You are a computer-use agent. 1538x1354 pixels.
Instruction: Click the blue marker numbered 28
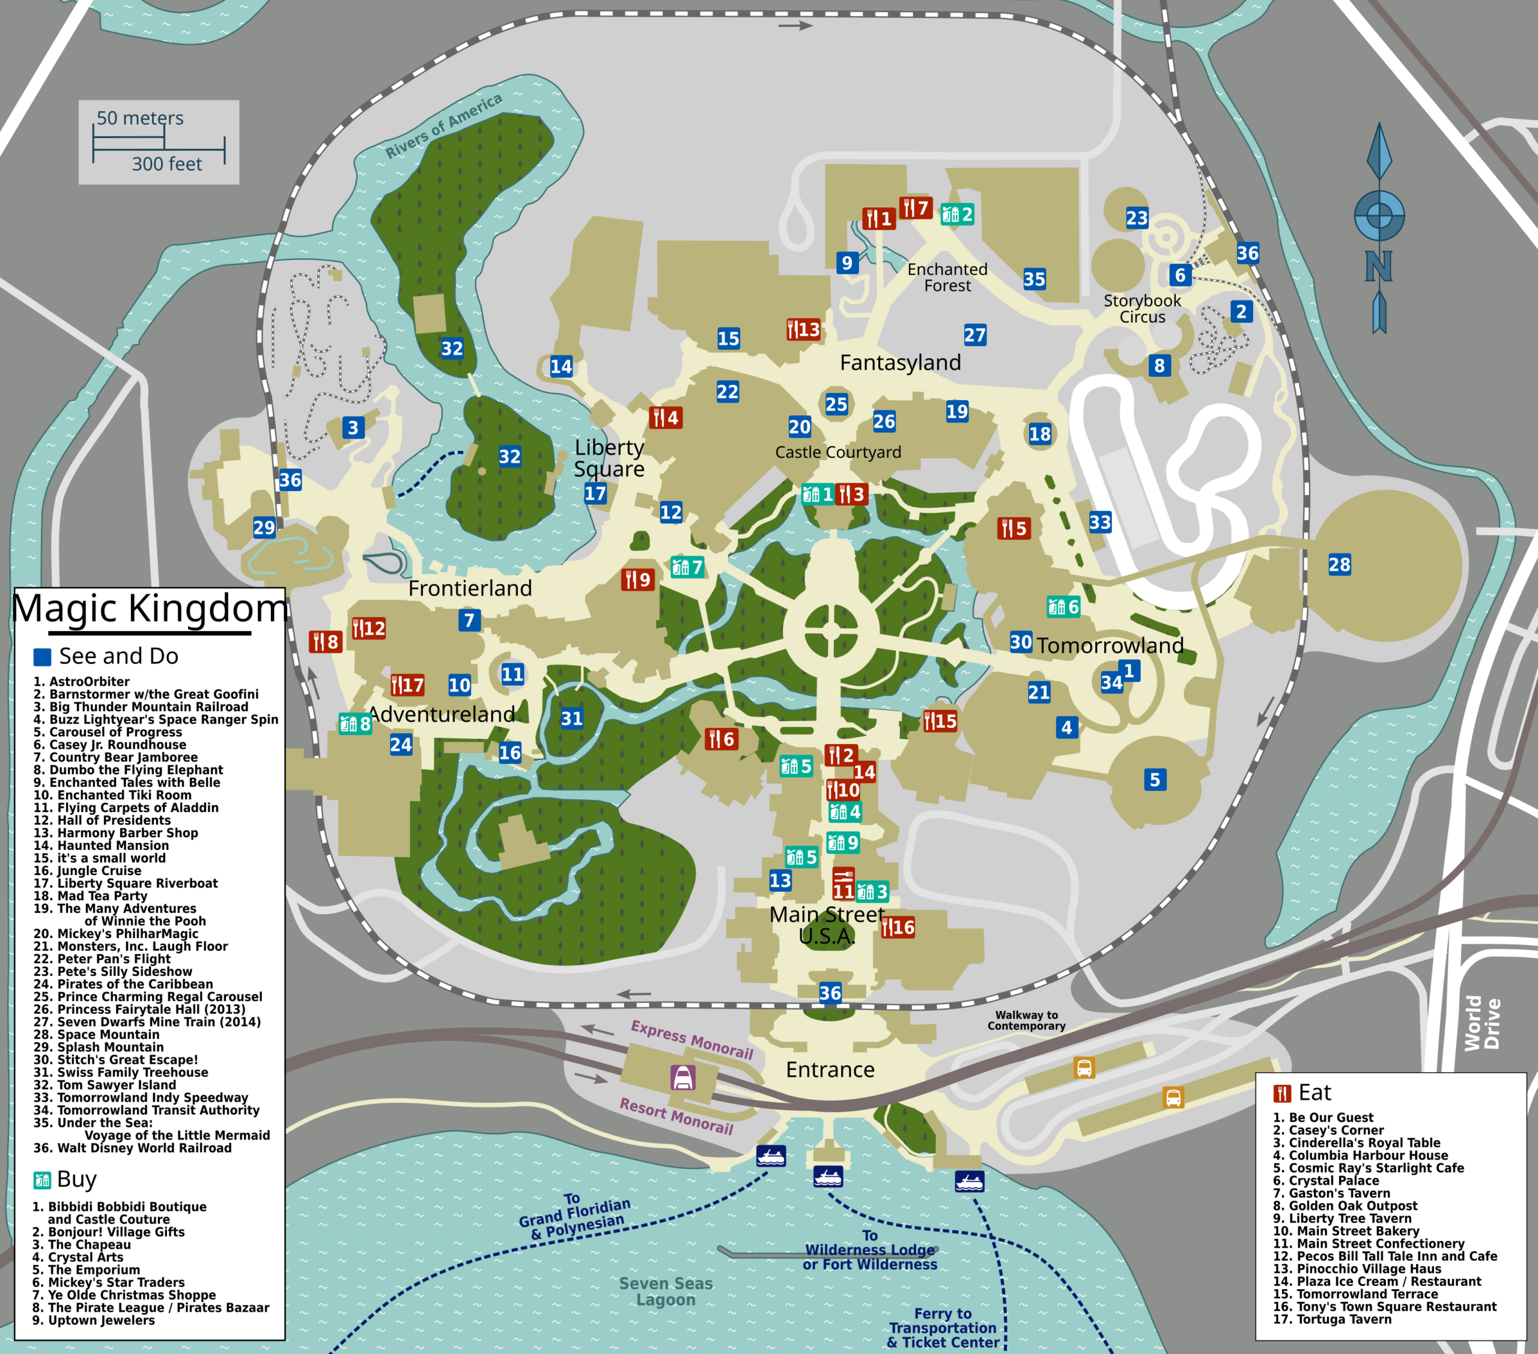1339,564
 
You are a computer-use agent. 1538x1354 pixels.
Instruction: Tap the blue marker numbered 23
1137,218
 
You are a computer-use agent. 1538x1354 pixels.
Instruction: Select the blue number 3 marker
353,427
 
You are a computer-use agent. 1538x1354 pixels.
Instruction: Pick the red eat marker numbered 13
803,330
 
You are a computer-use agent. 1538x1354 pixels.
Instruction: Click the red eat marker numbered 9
637,579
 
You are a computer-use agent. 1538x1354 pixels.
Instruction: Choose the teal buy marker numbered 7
687,567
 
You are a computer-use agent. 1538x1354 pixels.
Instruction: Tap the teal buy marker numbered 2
956,215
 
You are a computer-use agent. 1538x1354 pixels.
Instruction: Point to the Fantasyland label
900,363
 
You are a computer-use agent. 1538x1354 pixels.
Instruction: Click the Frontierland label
470,588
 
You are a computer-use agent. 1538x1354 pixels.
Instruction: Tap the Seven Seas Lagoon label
665,1291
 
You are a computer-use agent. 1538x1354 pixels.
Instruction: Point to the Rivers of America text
443,126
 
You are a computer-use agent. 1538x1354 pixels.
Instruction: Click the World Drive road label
1482,1023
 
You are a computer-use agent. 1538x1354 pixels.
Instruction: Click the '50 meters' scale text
140,118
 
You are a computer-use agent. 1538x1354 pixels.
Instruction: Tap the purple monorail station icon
682,1078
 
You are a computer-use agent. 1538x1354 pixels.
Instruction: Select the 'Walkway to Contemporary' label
1026,1020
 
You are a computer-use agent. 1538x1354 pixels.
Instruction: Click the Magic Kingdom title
150,608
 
